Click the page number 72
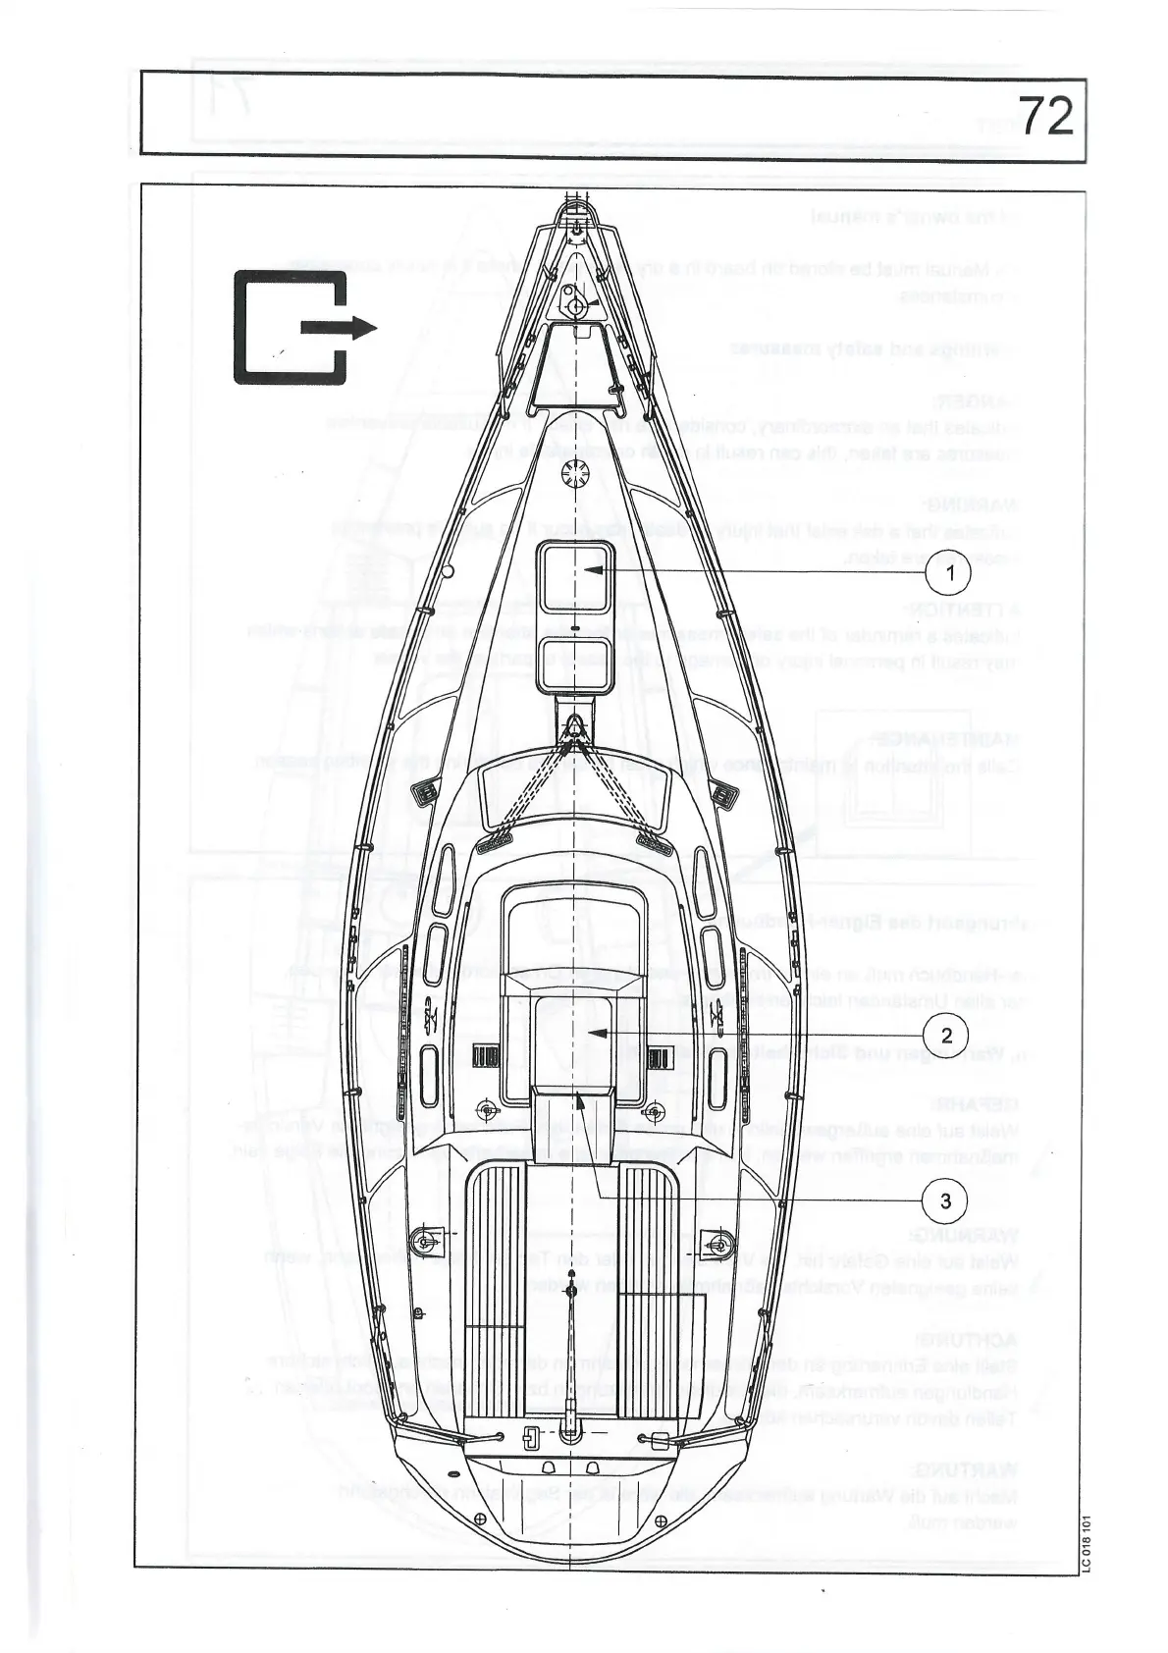[1044, 117]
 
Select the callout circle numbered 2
[946, 1035]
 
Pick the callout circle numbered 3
[945, 1200]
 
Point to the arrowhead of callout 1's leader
[587, 569]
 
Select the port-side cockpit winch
[424, 1241]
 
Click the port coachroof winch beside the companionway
[485, 1110]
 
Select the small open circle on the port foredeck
[447, 570]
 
